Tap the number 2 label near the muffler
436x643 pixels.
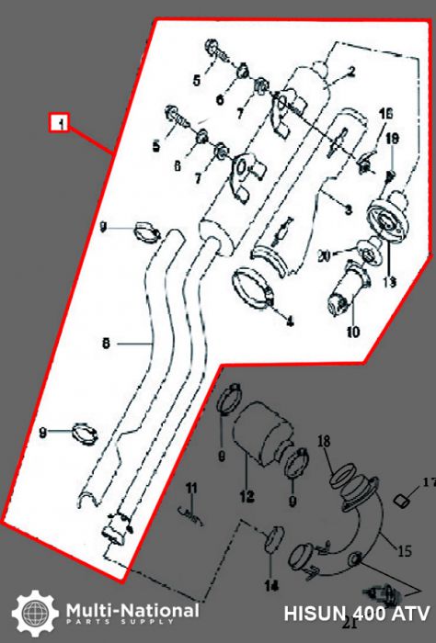point(350,71)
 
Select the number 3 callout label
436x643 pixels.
point(349,210)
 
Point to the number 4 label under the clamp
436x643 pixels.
point(289,321)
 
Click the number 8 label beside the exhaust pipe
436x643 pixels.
point(107,344)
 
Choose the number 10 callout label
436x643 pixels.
point(353,333)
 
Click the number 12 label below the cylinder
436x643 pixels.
point(247,497)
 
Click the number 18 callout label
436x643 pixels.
point(323,443)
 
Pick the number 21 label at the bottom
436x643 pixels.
point(349,624)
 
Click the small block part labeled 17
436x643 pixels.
point(401,500)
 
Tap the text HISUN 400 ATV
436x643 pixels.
point(357,613)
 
